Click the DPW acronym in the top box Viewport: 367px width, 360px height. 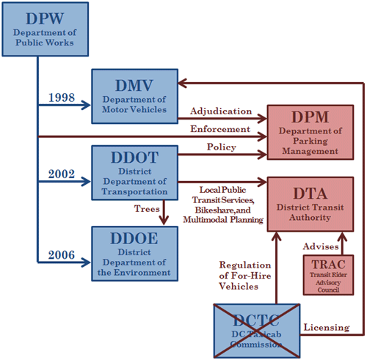pyautogui.click(x=45, y=18)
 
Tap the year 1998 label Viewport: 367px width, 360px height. pyautogui.click(x=62, y=98)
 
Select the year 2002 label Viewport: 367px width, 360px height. pyautogui.click(x=62, y=174)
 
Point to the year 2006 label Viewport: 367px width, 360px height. pyautogui.click(x=62, y=255)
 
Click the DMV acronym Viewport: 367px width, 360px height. pyautogui.click(x=134, y=86)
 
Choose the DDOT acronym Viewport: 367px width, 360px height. pyautogui.click(x=135, y=158)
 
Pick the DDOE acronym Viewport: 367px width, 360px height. pyautogui.click(x=134, y=238)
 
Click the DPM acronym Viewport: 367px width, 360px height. pyautogui.click(x=310, y=117)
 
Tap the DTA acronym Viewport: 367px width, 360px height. pyautogui.click(x=310, y=194)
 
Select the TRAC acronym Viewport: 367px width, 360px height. pyautogui.click(x=328, y=265)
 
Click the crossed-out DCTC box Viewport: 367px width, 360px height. pyautogui.click(x=257, y=331)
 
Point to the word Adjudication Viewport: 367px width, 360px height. pyautogui.click(x=221, y=111)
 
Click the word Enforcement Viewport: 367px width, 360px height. pyautogui.click(x=220, y=129)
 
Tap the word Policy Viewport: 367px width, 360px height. pyautogui.click(x=222, y=147)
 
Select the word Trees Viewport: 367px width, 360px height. pyautogui.click(x=147, y=209)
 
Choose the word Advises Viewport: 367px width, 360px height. pyautogui.click(x=321, y=246)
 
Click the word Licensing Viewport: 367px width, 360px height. pyautogui.click(x=327, y=328)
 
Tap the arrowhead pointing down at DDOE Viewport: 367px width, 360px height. pyautogui.click(x=164, y=220)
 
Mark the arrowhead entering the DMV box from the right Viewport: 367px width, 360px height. pyautogui.click(x=183, y=84)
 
